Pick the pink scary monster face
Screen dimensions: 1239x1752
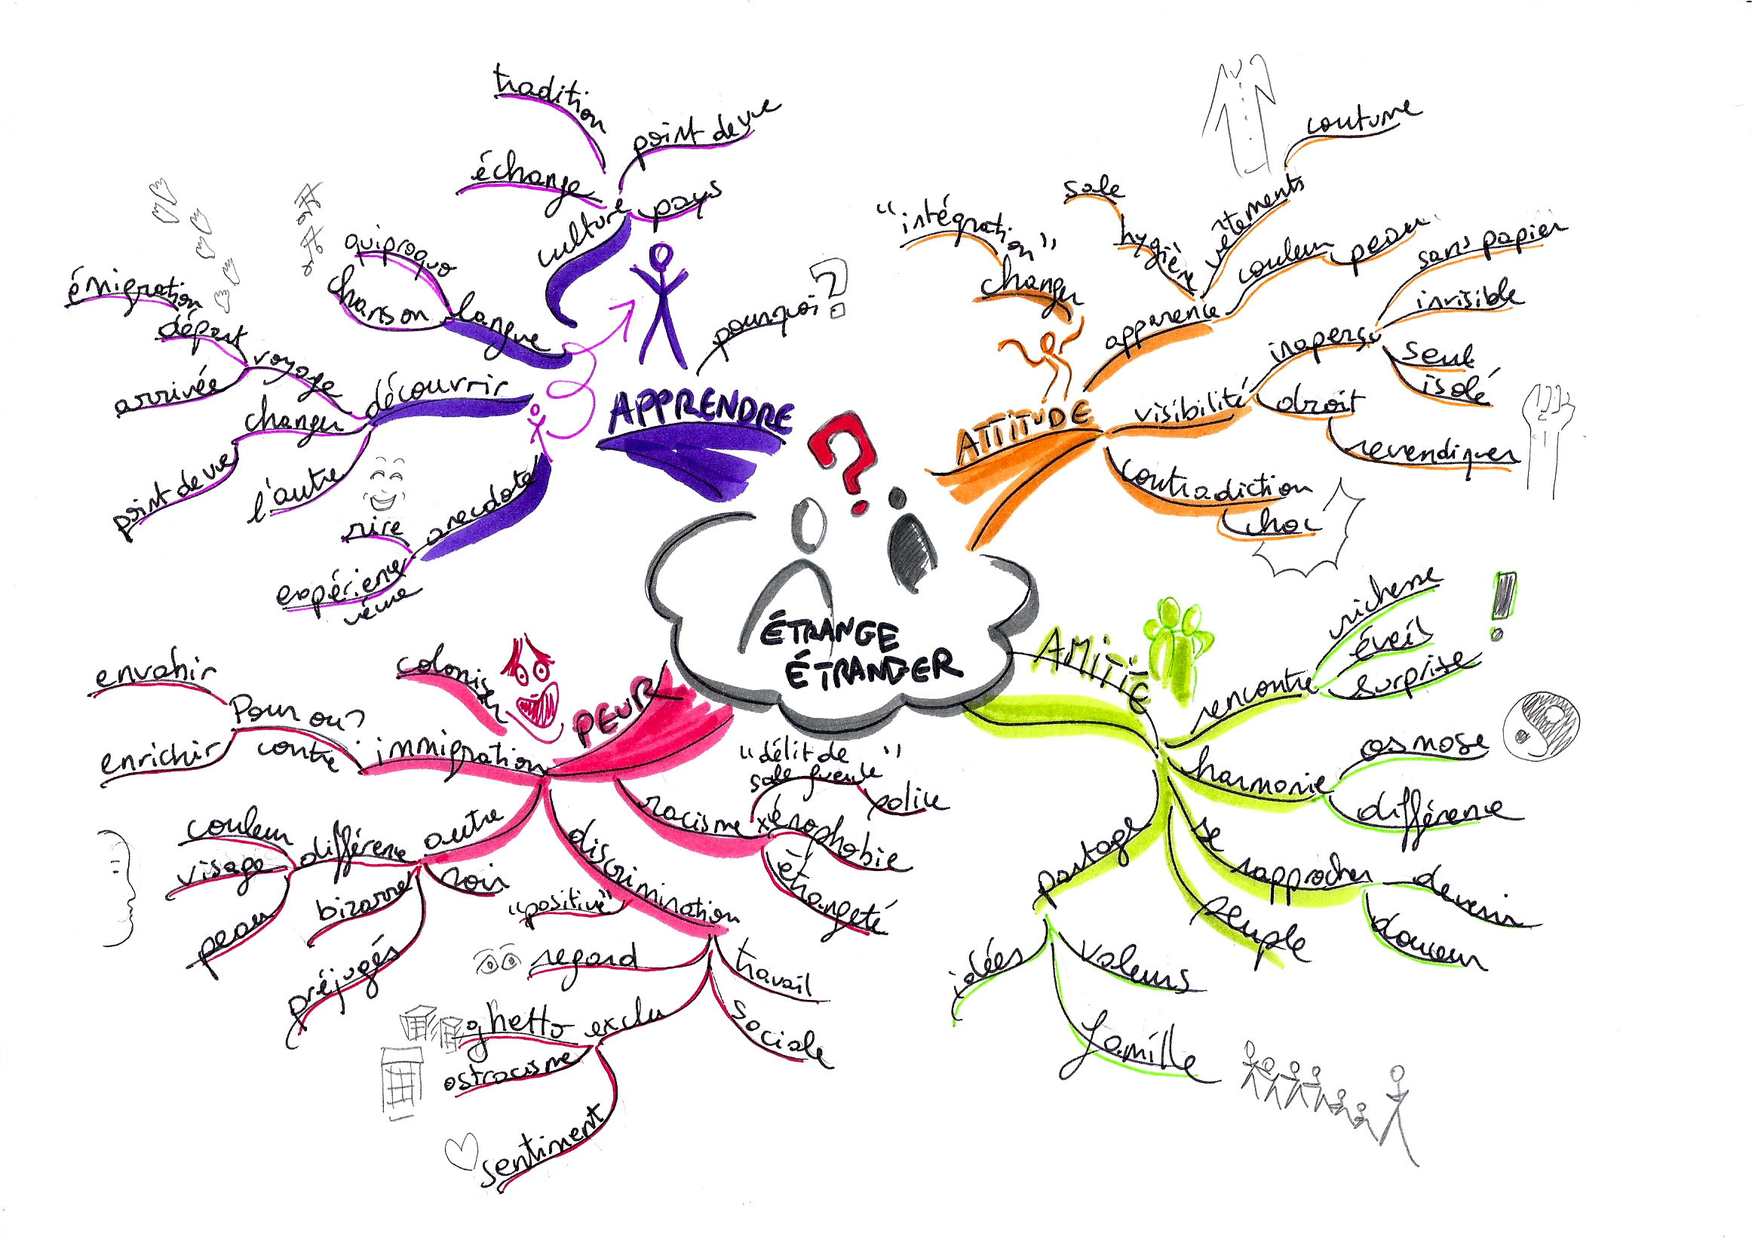click(x=534, y=687)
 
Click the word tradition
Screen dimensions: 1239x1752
click(x=549, y=100)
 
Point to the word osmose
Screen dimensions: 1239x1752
click(x=1423, y=744)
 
